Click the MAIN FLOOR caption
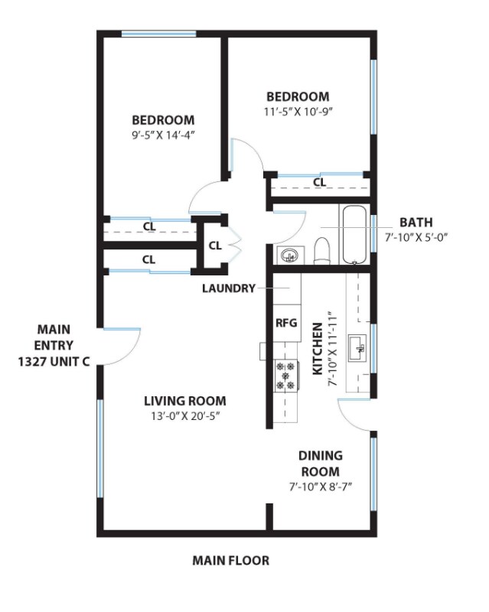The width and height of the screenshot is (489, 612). pos(230,561)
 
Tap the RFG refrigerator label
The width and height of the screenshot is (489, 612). pos(285,322)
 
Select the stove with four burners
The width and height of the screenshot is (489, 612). pos(285,376)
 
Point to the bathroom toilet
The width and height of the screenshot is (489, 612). pos(322,251)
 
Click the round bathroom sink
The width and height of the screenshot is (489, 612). pos(289,255)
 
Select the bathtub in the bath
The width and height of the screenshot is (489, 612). pos(354,234)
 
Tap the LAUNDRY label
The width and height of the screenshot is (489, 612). pos(228,288)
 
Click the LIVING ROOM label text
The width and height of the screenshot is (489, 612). pos(185,401)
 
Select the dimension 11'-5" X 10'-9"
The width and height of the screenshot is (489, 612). pos(298,111)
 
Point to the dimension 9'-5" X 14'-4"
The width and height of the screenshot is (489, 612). pos(163,135)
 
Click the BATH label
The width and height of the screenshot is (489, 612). pos(415,222)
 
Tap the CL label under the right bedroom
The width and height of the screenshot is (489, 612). pos(319,182)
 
